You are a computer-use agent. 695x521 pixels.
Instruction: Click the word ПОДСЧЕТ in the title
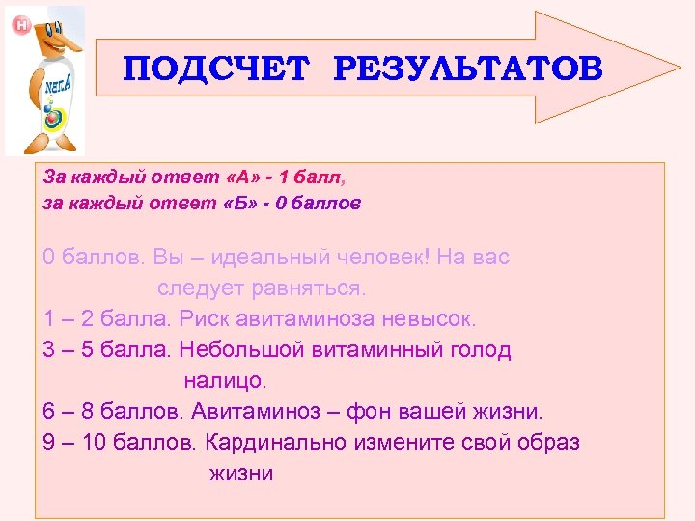pos(218,69)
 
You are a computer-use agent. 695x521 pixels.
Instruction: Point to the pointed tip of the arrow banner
pos(678,68)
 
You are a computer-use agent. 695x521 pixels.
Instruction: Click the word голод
pos(478,349)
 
